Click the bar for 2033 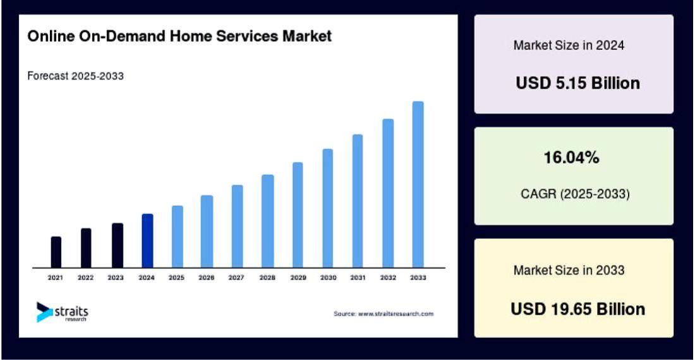(418, 184)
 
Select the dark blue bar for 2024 (147, 240)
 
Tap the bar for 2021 (56, 251)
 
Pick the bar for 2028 (268, 220)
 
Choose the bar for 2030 (328, 208)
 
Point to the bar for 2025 (178, 236)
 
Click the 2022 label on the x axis (86, 278)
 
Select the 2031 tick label (358, 278)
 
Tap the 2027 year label (237, 278)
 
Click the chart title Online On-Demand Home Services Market (179, 37)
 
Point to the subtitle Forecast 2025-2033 (75, 76)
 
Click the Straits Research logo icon (45, 311)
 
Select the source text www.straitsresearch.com (384, 314)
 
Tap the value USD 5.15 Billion (577, 83)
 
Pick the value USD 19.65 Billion (577, 309)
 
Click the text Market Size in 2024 (569, 45)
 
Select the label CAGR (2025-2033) (574, 195)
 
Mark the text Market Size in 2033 (569, 270)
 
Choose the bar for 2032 (388, 193)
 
